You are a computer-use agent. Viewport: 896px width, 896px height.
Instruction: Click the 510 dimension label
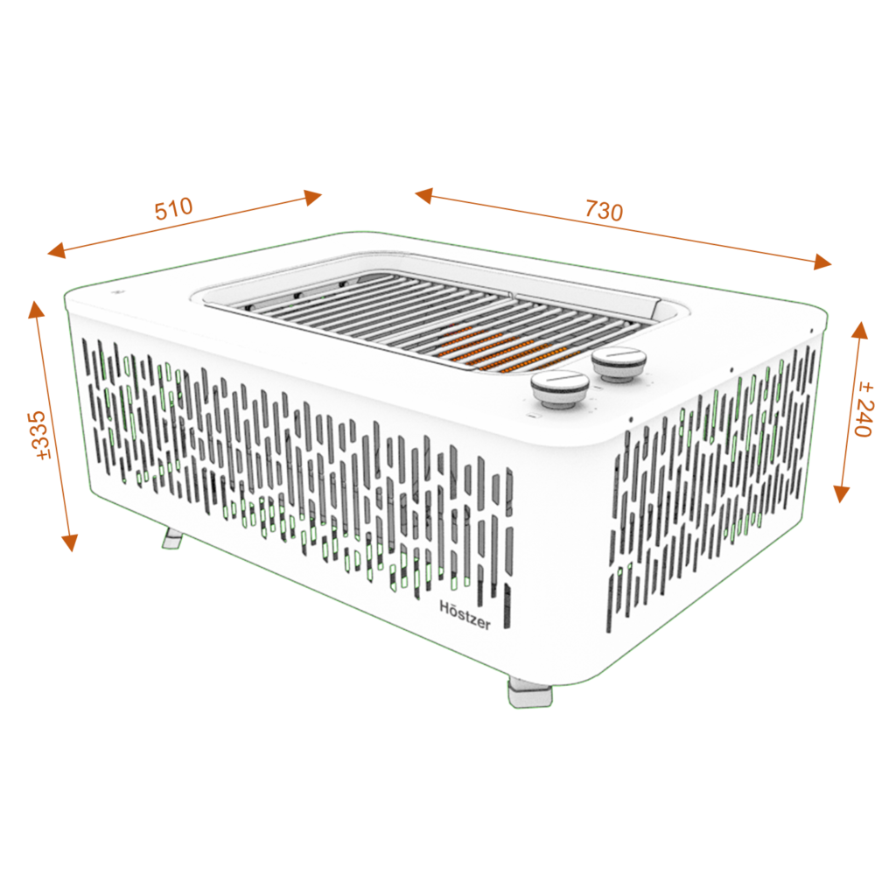tap(174, 208)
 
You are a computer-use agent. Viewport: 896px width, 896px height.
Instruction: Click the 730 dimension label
tap(604, 211)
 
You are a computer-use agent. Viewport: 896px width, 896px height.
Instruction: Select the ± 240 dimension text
tap(864, 410)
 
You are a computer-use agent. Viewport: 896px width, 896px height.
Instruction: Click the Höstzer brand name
tap(465, 614)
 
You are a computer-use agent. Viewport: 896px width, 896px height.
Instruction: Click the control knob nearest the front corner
tap(560, 388)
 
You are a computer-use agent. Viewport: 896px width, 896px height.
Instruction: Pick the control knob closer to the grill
tap(619, 364)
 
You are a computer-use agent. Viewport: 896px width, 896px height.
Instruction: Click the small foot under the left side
tap(172, 538)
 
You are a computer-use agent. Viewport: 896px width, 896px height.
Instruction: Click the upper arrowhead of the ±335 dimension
tap(37, 309)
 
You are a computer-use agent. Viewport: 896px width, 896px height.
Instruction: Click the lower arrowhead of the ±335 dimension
tap(70, 542)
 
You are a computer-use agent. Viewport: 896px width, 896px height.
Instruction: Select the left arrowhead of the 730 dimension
tap(424, 195)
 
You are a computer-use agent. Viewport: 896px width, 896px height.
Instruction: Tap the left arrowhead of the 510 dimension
tap(57, 250)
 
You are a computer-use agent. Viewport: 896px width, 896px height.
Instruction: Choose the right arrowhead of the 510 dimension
tap(312, 197)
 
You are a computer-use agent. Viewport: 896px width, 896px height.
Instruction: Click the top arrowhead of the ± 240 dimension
tap(860, 330)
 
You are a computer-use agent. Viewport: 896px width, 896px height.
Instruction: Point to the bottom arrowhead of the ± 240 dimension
tap(841, 493)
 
